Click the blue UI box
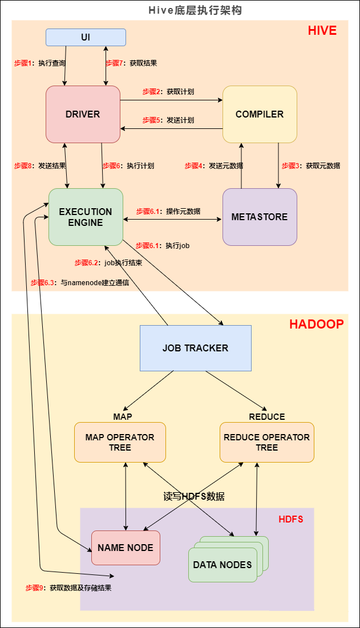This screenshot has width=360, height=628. click(x=86, y=38)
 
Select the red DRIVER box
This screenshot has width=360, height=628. click(x=83, y=114)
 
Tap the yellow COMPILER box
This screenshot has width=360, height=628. click(x=260, y=114)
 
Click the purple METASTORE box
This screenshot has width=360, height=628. click(x=260, y=217)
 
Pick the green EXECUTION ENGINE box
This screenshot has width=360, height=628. click(x=86, y=217)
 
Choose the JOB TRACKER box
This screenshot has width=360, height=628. click(x=195, y=348)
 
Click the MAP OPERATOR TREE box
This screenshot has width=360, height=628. click(x=120, y=442)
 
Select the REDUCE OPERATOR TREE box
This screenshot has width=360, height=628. click(x=267, y=442)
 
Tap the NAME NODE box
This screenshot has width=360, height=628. click(x=126, y=548)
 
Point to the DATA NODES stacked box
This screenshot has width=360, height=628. click(x=223, y=565)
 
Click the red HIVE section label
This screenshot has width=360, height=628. click(x=322, y=30)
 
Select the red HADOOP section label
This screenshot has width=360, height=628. click(x=316, y=324)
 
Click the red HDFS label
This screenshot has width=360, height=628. click(x=290, y=519)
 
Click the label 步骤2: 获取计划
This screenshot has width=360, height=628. click(x=168, y=92)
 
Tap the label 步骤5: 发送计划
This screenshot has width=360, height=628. click(x=168, y=120)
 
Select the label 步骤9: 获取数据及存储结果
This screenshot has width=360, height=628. click(x=68, y=588)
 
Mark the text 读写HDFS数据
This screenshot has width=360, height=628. click(x=194, y=496)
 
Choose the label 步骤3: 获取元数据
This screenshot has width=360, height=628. click(x=311, y=166)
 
